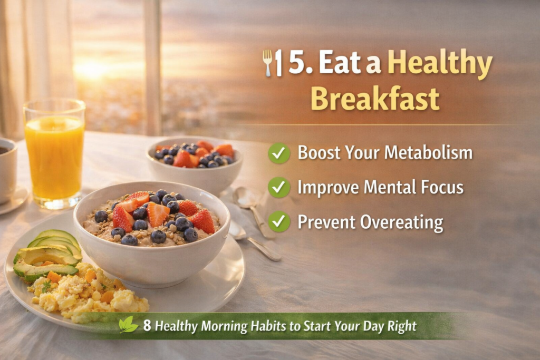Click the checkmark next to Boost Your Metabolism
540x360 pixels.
279,153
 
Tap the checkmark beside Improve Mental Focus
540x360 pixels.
279,187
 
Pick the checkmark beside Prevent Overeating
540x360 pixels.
279,221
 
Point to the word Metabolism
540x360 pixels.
427,153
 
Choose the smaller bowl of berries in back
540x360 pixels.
194,161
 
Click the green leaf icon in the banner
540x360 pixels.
128,325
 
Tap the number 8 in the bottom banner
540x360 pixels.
147,326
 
